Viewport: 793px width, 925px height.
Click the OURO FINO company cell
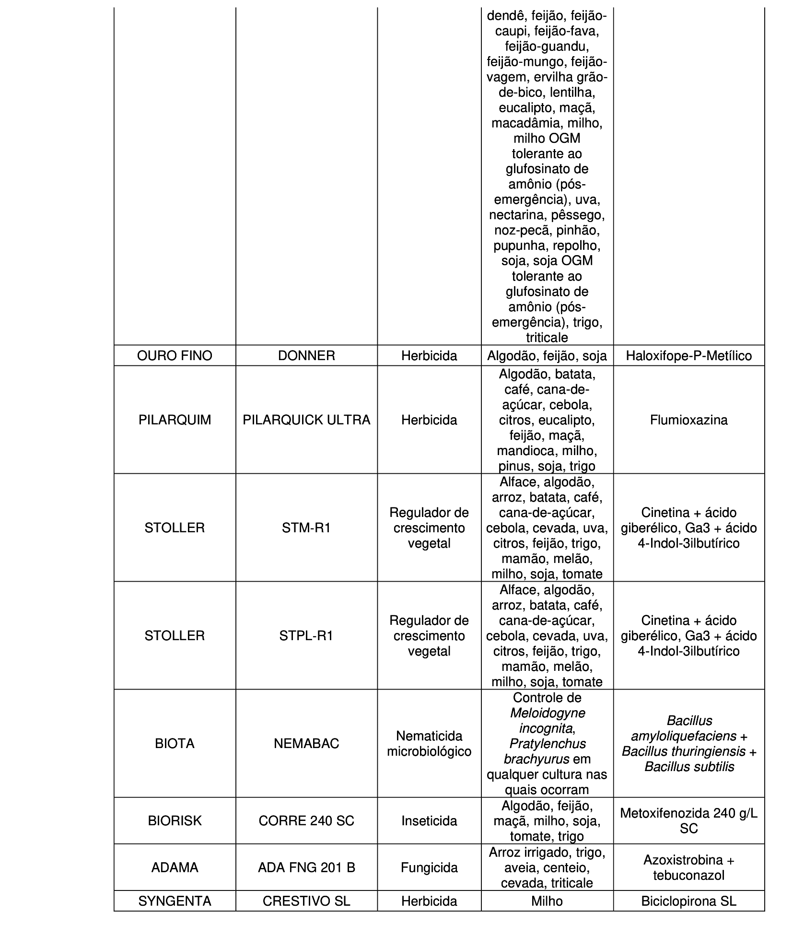tap(175, 355)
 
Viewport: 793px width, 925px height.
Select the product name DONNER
tap(306, 355)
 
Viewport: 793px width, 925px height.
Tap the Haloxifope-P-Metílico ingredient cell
tap(688, 355)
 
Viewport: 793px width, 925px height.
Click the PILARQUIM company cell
tap(175, 420)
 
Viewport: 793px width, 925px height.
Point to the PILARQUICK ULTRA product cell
tap(306, 420)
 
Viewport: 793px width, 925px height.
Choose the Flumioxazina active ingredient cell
tap(688, 420)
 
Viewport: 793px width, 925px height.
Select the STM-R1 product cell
tap(306, 527)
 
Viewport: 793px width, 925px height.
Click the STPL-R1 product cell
tap(306, 635)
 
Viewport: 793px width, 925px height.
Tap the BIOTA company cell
tap(175, 743)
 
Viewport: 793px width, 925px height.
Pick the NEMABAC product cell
tap(306, 743)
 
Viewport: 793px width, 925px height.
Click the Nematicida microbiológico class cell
tap(429, 743)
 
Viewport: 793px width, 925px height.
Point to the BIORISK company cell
tap(175, 820)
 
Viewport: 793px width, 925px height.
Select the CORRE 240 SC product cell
tap(306, 820)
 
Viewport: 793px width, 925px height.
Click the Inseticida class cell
tap(429, 820)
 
